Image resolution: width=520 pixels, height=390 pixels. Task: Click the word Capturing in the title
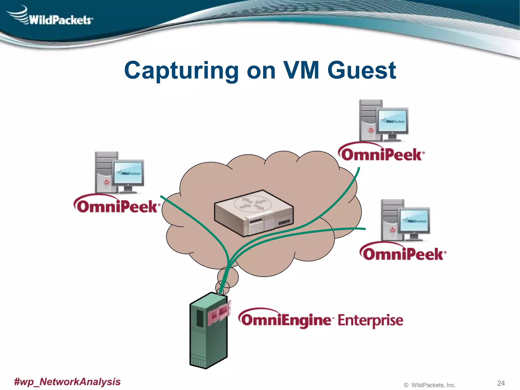click(x=181, y=70)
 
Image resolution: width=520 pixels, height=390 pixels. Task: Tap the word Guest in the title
click(x=362, y=70)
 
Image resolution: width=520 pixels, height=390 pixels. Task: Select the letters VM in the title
click(x=301, y=70)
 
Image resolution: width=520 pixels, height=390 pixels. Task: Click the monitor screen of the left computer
click(x=128, y=173)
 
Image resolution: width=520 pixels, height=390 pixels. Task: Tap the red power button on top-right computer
click(x=371, y=130)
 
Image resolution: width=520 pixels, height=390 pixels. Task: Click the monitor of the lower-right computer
click(x=414, y=220)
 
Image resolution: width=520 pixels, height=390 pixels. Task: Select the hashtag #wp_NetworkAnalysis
click(x=67, y=381)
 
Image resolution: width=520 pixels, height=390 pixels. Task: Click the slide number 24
click(x=501, y=383)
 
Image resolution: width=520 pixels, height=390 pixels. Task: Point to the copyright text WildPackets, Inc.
click(x=433, y=385)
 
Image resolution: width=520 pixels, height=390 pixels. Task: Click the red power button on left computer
click(x=107, y=182)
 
